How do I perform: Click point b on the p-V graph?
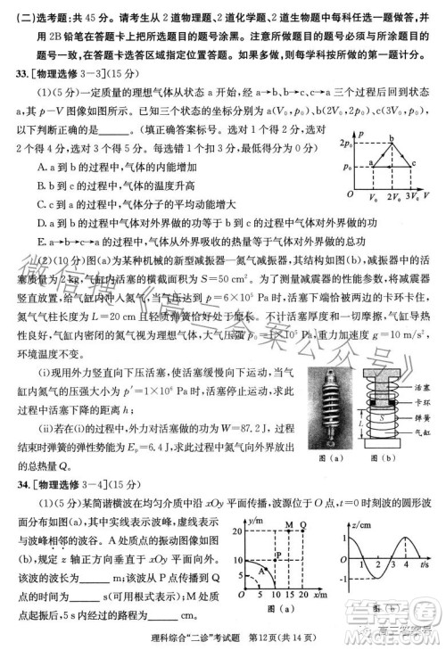[390, 142]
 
